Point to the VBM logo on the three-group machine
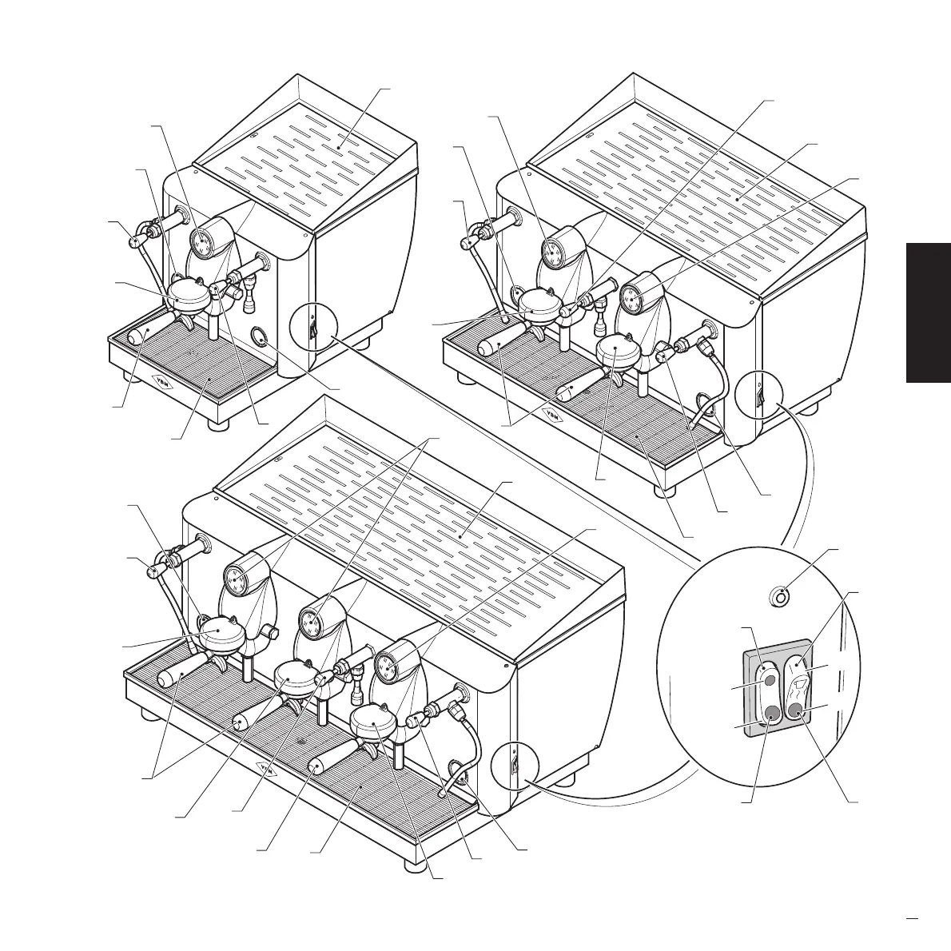269,768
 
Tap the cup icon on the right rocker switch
798,687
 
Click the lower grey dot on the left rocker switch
771,714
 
